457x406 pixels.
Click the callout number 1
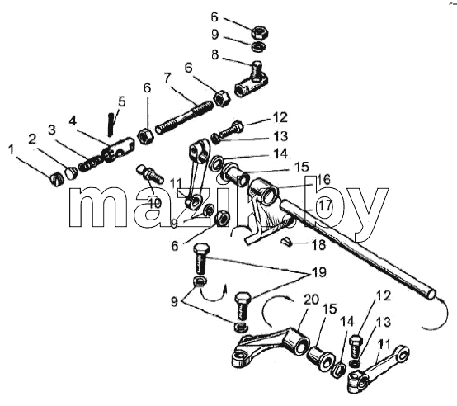pyautogui.click(x=11, y=150)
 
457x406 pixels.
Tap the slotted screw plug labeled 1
pyautogui.click(x=56, y=180)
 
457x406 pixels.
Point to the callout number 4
pyautogui.click(x=73, y=120)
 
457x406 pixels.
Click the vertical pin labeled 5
pyautogui.click(x=111, y=125)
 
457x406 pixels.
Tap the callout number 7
pyautogui.click(x=167, y=78)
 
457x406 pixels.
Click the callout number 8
pyautogui.click(x=214, y=54)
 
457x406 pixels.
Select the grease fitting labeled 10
pyautogui.click(x=149, y=174)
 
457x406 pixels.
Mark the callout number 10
pyautogui.click(x=154, y=203)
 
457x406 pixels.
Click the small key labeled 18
pyautogui.click(x=285, y=240)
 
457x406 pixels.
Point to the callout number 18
pyautogui.click(x=319, y=245)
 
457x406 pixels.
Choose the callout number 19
pyautogui.click(x=319, y=272)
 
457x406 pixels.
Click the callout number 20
pyautogui.click(x=312, y=300)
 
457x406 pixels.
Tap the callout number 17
pyautogui.click(x=326, y=205)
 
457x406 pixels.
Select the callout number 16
pyautogui.click(x=325, y=180)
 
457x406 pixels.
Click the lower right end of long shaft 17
pyautogui.click(x=431, y=295)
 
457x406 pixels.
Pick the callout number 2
pyautogui.click(x=32, y=139)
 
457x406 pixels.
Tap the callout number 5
pyautogui.click(x=122, y=102)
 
